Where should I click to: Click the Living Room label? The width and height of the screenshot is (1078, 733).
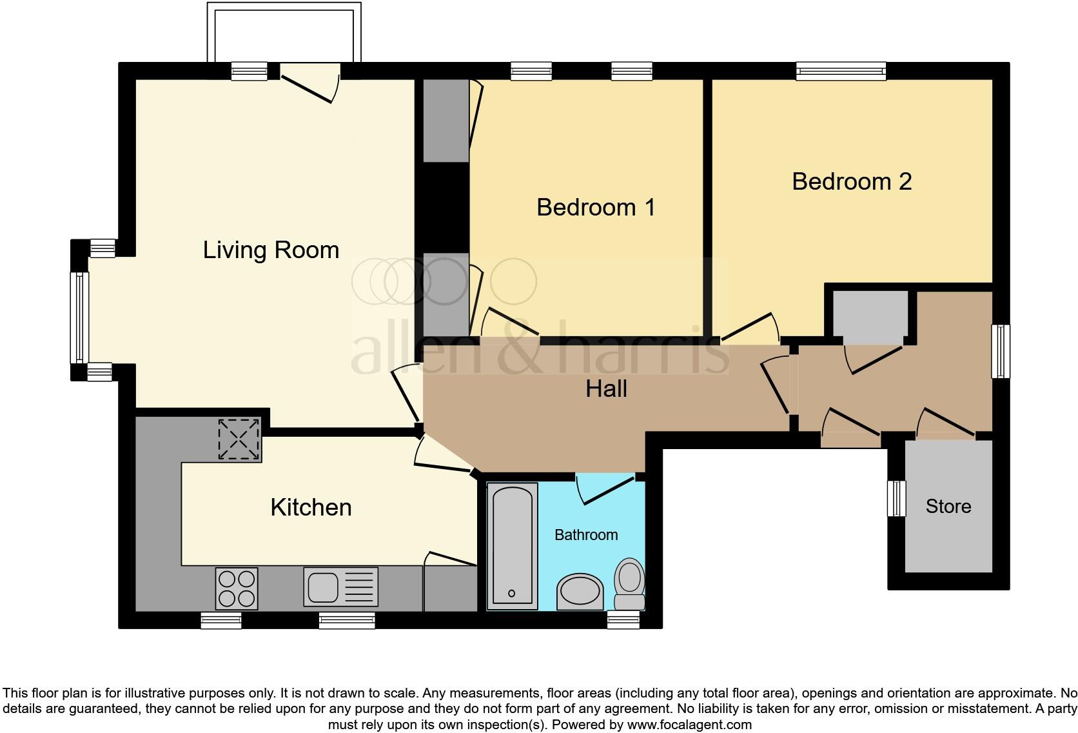(271, 250)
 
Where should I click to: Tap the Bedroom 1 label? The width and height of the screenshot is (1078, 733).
(596, 207)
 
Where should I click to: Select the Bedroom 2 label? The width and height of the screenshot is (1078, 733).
(851, 181)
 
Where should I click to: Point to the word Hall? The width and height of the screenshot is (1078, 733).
(606, 389)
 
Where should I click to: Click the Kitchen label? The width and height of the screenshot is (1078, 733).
(311, 507)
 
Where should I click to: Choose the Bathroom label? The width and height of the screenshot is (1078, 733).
(586, 535)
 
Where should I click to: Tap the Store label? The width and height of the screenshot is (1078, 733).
(948, 507)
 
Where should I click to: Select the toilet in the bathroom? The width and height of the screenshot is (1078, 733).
(629, 583)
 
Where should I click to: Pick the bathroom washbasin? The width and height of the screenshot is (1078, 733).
(580, 591)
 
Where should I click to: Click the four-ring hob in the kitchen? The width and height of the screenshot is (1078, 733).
(236, 588)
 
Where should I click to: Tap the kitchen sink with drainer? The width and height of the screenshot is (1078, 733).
(340, 587)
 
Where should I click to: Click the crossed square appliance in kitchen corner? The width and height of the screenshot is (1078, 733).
(239, 439)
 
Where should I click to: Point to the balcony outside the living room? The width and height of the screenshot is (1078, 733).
(284, 32)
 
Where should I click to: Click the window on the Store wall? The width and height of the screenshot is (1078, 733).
(896, 498)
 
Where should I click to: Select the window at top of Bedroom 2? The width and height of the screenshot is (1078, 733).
(841, 70)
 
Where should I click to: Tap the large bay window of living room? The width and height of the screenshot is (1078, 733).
(79, 317)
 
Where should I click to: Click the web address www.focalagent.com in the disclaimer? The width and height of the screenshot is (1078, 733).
(689, 725)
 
